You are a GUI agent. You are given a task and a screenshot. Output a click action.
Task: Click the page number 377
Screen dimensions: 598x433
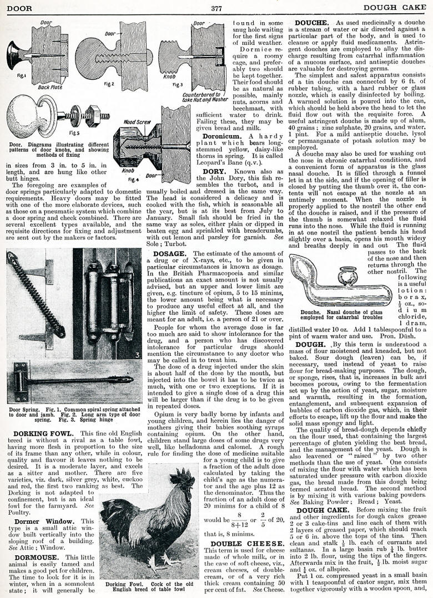(216, 8)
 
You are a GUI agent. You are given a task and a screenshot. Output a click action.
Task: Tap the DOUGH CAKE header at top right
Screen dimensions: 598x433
(398, 8)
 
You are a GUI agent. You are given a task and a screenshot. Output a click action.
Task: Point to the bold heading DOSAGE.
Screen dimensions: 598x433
(169, 254)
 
